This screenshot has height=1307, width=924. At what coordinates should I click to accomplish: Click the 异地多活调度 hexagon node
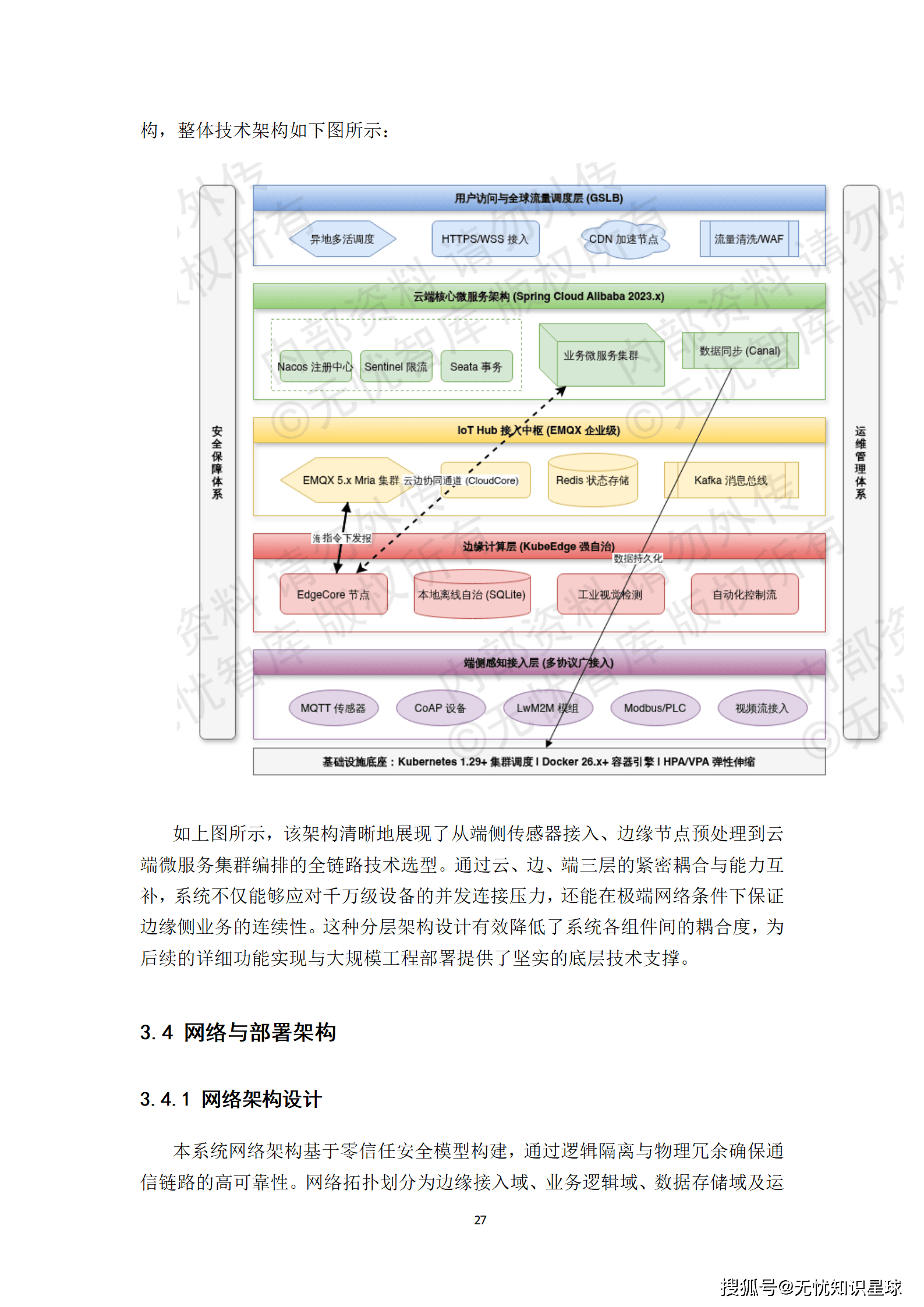coord(342,239)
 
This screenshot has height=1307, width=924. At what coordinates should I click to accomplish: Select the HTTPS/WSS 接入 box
coord(485,239)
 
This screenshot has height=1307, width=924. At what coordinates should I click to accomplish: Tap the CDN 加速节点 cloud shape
coord(624,239)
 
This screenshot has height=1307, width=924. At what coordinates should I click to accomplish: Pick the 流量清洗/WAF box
coord(749,239)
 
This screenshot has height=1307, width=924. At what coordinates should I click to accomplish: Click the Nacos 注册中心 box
coord(315,366)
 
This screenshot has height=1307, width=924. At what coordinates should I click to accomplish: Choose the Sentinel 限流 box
coord(396,366)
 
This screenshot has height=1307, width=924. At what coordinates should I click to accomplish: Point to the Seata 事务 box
coord(476,366)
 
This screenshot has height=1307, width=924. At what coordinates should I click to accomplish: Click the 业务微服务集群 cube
coord(601,356)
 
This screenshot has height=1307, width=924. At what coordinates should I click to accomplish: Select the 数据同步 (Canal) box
coord(739,350)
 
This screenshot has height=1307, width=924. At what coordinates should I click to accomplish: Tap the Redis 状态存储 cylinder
coord(593,480)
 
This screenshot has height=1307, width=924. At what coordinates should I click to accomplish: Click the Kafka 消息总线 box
coord(731,480)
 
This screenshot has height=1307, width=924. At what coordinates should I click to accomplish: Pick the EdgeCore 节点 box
coord(333,594)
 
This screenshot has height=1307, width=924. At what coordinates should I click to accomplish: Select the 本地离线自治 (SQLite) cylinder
coord(472,594)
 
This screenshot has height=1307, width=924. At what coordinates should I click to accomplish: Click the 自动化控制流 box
coord(745,594)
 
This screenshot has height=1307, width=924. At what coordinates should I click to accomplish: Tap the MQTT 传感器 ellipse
coord(333,708)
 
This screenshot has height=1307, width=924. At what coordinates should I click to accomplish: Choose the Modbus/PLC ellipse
coord(655,708)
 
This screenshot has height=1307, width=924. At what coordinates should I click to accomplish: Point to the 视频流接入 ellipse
coord(762,708)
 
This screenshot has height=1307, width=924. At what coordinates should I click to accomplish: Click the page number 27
coord(480,1220)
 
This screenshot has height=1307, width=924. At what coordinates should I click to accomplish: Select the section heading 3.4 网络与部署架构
coord(238,1032)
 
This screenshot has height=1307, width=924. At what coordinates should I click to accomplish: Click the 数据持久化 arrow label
coord(638,558)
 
